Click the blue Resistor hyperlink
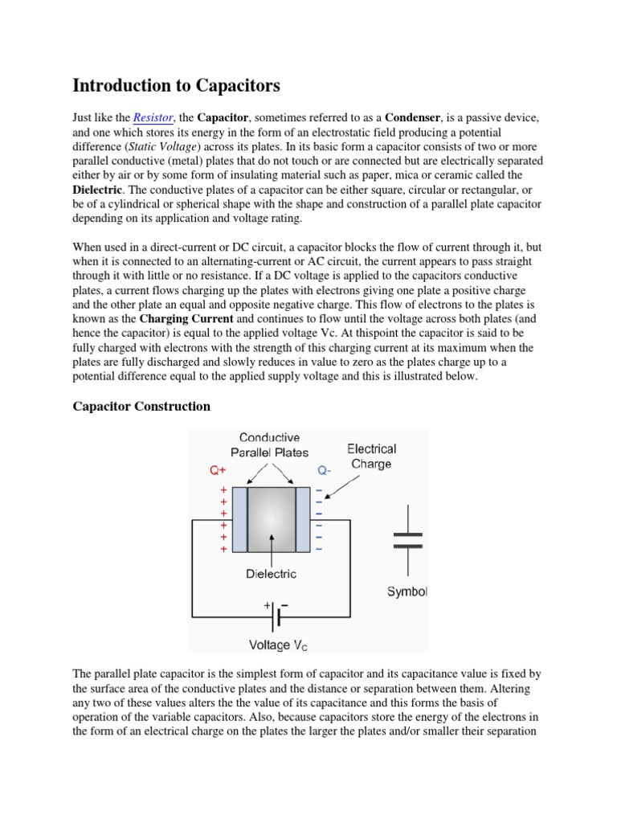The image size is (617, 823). pyautogui.click(x=153, y=117)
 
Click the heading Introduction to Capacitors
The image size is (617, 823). pyautogui.click(x=176, y=85)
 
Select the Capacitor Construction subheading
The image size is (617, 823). pyautogui.click(x=141, y=406)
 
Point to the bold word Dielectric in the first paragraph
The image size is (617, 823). pyautogui.click(x=97, y=190)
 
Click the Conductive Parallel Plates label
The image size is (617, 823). pyautogui.click(x=269, y=444)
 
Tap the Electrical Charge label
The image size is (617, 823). pyautogui.click(x=370, y=456)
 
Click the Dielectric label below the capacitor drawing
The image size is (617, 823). pyautogui.click(x=271, y=574)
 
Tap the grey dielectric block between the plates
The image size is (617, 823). pyautogui.click(x=272, y=519)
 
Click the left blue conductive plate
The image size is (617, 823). pyautogui.click(x=239, y=519)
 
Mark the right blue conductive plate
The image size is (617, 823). pyautogui.click(x=303, y=519)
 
